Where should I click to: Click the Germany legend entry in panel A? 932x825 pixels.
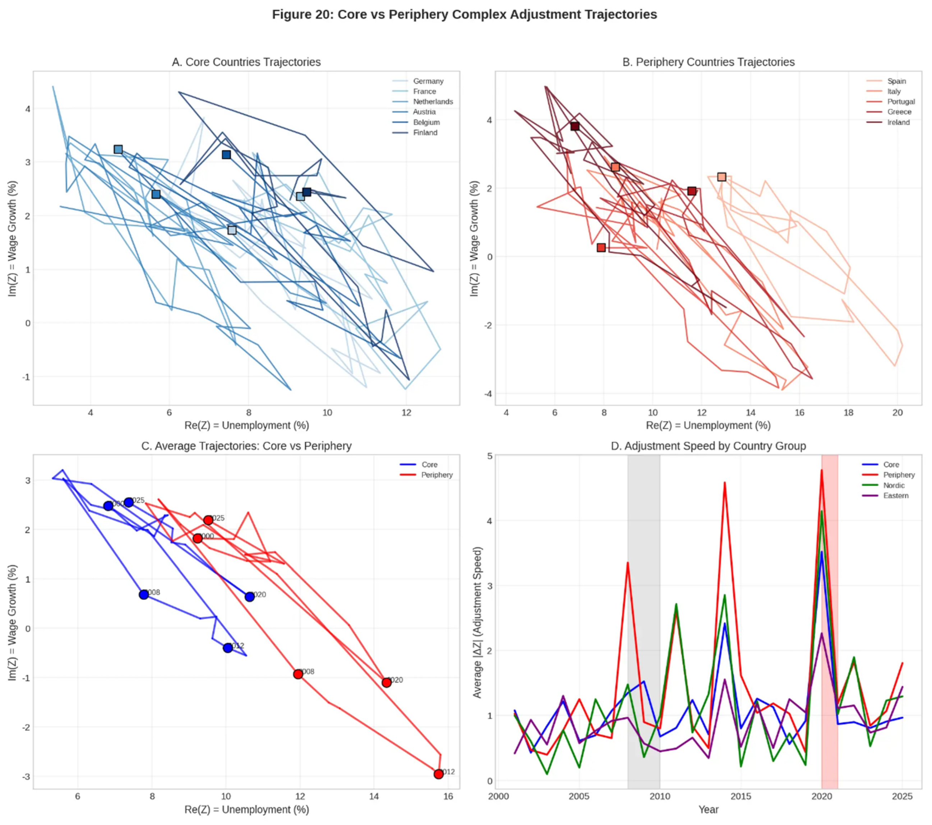tap(428, 81)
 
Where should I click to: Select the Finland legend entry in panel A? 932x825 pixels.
tap(425, 133)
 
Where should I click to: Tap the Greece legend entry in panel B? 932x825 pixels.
tap(899, 112)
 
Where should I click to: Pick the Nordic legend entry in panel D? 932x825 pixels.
tap(894, 486)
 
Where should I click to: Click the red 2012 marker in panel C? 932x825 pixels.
tap(439, 774)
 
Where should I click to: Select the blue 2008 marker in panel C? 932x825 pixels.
tap(144, 594)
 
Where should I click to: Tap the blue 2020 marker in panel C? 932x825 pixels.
tap(249, 597)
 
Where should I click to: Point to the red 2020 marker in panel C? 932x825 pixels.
tap(387, 682)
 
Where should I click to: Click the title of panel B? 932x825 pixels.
tap(708, 62)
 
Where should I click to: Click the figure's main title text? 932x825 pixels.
tap(464, 15)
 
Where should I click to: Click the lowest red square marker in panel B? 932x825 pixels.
tap(601, 247)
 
